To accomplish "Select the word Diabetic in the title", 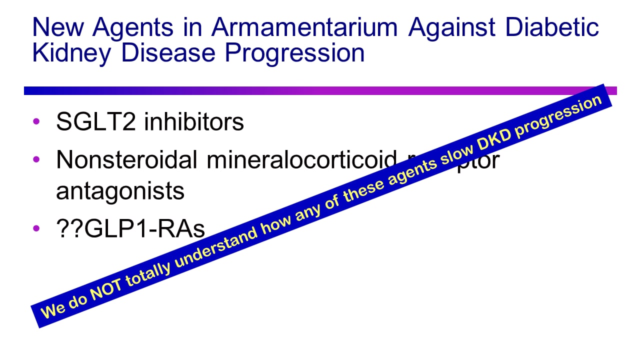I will (552, 27).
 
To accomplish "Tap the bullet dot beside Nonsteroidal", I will (35, 160).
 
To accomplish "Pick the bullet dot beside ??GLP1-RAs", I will (35, 229).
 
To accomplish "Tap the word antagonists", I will (120, 191).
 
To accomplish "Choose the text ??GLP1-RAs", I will (130, 229).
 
